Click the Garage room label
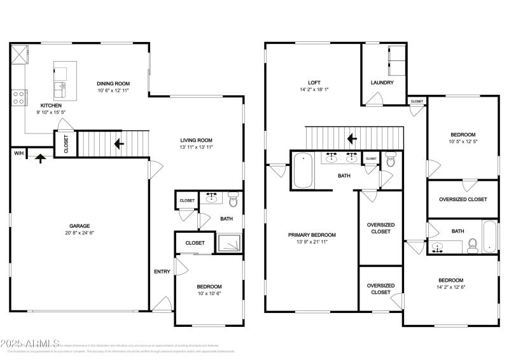[80, 226]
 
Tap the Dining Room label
[113, 83]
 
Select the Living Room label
[196, 140]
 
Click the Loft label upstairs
[314, 82]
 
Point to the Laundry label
[382, 83]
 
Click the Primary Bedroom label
[312, 235]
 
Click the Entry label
[162, 272]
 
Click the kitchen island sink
[60, 87]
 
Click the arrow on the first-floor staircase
[118, 144]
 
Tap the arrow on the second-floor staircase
[351, 138]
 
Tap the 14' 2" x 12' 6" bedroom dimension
[450, 287]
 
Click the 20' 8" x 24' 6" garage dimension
[80, 233]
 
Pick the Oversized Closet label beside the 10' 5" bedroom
[463, 199]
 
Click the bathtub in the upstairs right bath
[488, 237]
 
